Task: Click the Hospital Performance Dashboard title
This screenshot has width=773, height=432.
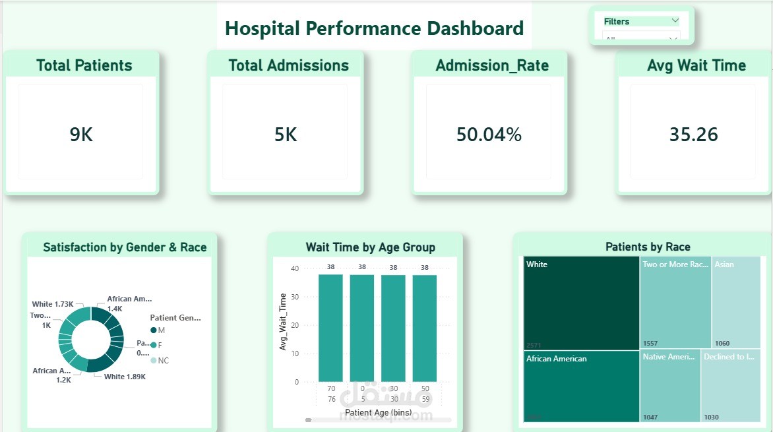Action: click(374, 28)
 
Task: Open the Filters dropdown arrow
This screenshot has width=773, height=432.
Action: click(675, 20)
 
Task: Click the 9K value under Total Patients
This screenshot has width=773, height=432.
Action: click(81, 135)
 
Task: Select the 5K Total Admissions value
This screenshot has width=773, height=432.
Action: click(286, 135)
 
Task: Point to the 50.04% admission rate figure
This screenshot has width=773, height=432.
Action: click(489, 135)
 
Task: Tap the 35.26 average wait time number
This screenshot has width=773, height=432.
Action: click(693, 135)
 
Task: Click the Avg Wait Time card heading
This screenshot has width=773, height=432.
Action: click(696, 65)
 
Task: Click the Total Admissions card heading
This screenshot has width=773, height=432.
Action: click(288, 65)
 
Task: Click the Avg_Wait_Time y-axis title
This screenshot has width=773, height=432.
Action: click(283, 321)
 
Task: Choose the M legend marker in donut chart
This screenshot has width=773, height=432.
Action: click(154, 330)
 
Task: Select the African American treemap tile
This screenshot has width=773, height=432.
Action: click(581, 386)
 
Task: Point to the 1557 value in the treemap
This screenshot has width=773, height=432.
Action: click(650, 344)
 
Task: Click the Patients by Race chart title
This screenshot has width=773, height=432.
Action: click(647, 247)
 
